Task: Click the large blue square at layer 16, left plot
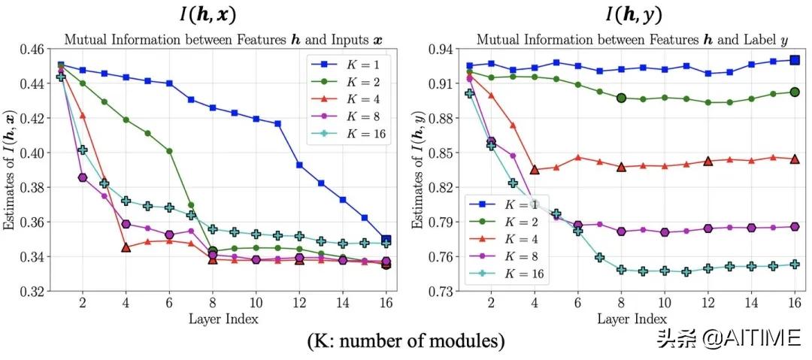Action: pyautogui.click(x=386, y=241)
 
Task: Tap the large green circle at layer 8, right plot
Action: pyautogui.click(x=622, y=98)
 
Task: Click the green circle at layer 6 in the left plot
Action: pyautogui.click(x=170, y=151)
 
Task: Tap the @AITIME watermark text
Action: pyautogui.click(x=752, y=339)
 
